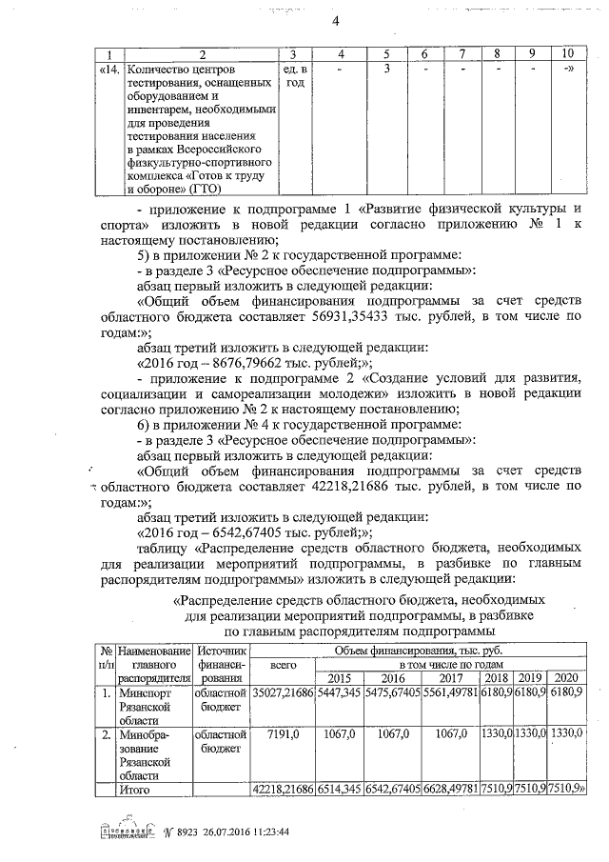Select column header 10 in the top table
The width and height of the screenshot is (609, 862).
[567, 54]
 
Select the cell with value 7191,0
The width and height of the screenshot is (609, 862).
[284, 734]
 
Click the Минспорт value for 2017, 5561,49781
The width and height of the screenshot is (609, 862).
[447, 694]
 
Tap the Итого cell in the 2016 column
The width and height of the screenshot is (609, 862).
[392, 790]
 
